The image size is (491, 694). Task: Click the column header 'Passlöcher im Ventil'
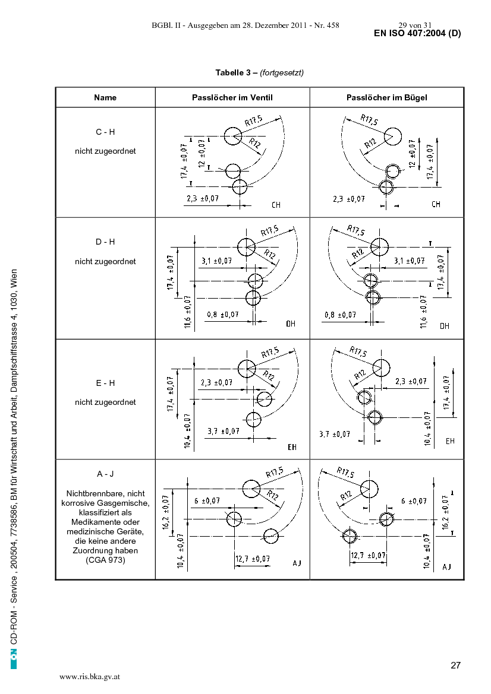coord(232,97)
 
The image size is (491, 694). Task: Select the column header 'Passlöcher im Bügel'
coord(387,97)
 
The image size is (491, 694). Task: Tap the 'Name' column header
coord(105,97)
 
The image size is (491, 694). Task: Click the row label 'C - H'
coord(105,132)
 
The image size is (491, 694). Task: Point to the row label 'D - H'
coord(105,242)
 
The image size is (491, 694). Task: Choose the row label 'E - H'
coord(105,383)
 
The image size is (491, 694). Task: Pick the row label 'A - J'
coord(105,474)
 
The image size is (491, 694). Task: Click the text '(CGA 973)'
coord(105,560)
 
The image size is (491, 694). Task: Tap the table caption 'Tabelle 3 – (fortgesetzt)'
coord(259,72)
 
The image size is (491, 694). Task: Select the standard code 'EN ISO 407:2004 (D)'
coord(417,33)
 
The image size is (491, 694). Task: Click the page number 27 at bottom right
coord(455,666)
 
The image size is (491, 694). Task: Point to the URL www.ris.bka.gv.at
coord(90,677)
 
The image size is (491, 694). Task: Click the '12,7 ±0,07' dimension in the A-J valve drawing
coord(253,559)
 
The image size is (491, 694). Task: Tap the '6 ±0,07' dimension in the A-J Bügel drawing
coord(414,501)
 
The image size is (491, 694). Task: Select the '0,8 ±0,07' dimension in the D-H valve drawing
coord(222,315)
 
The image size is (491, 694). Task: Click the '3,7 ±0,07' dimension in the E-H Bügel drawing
coord(335,434)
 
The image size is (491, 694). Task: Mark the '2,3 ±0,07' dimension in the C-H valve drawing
coord(203,199)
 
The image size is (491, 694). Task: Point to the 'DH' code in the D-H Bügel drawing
coord(445,326)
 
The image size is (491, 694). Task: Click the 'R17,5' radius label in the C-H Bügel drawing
coord(369,119)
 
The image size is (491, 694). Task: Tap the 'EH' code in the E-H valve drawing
coord(292,447)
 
